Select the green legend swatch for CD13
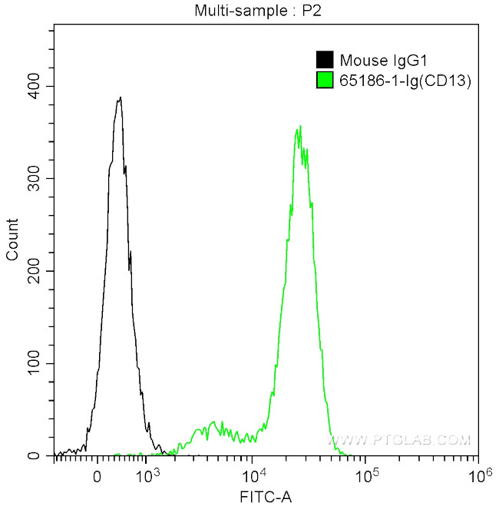[x=325, y=79]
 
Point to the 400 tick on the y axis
[x=33, y=86]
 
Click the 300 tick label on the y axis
[x=33, y=178]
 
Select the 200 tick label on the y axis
[x=33, y=271]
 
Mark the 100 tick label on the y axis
[x=33, y=363]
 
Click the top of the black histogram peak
[x=120, y=98]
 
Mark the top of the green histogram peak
[x=300, y=126]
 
